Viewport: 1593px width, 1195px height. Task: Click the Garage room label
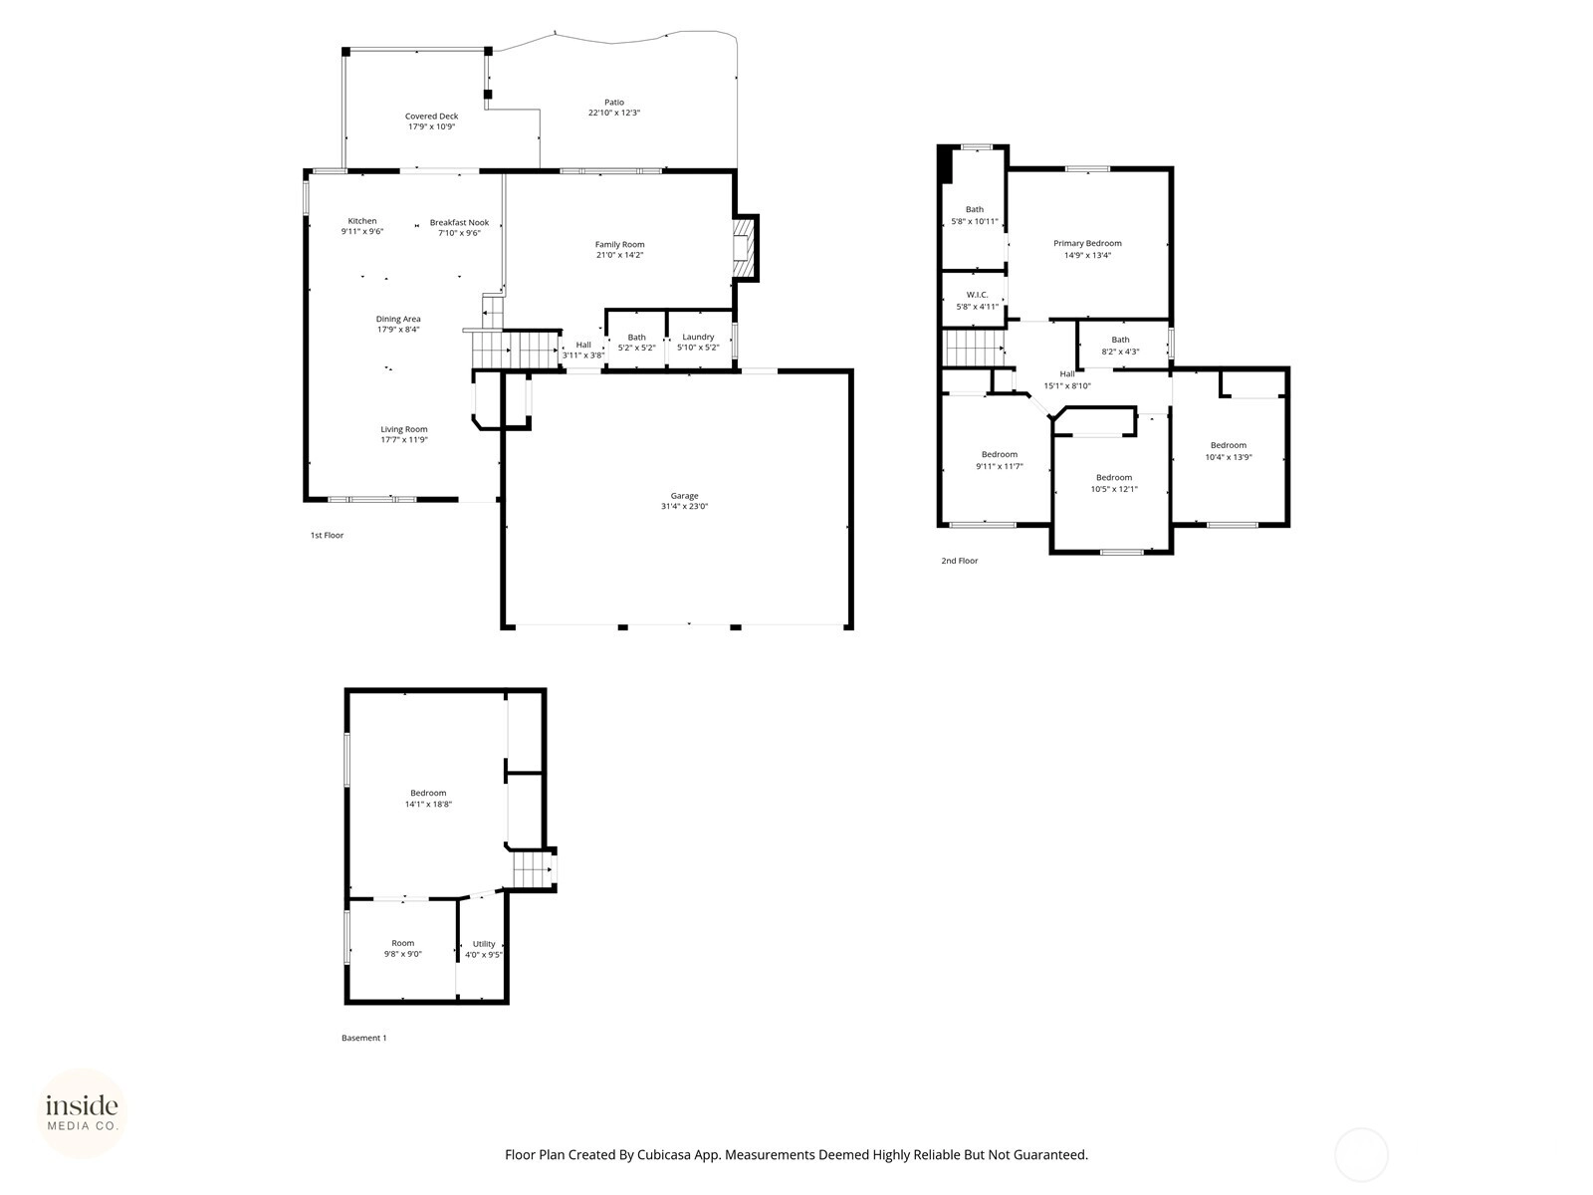pyautogui.click(x=684, y=496)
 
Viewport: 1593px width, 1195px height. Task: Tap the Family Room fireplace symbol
pyautogui.click(x=742, y=248)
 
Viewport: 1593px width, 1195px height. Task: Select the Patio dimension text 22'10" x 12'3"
pyautogui.click(x=614, y=113)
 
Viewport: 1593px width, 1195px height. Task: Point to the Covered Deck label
pyautogui.click(x=431, y=117)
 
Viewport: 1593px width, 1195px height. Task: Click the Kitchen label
pyautogui.click(x=362, y=220)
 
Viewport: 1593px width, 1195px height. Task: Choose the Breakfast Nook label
pyautogui.click(x=459, y=223)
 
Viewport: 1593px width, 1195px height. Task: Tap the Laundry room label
pyautogui.click(x=698, y=337)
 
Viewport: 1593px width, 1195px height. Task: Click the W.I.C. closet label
pyautogui.click(x=977, y=295)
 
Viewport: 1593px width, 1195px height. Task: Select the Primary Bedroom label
pyautogui.click(x=1087, y=243)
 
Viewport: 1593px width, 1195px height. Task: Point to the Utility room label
pyautogui.click(x=484, y=944)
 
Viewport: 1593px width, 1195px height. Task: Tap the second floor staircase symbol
pyautogui.click(x=973, y=349)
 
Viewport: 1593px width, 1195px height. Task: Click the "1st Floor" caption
pyautogui.click(x=327, y=536)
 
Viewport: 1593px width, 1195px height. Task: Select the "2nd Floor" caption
pyautogui.click(x=960, y=561)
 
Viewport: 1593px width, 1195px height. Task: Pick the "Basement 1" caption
pyautogui.click(x=363, y=1039)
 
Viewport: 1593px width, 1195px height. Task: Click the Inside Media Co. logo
pyautogui.click(x=82, y=1112)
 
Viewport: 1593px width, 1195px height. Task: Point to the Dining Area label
pyautogui.click(x=397, y=320)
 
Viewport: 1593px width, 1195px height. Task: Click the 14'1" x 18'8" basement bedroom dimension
pyautogui.click(x=428, y=804)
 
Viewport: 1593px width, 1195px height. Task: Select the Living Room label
pyautogui.click(x=404, y=429)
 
